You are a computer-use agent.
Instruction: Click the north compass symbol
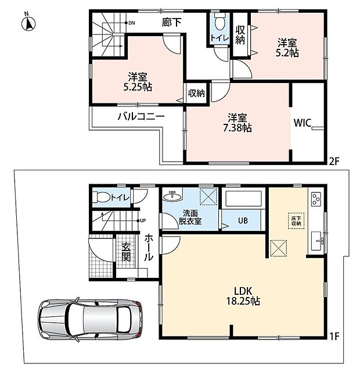[28, 23]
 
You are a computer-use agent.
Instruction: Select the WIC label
[303, 123]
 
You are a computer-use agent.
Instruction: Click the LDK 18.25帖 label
[243, 296]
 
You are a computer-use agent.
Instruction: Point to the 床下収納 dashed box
[296, 222]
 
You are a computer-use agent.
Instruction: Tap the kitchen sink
[317, 241]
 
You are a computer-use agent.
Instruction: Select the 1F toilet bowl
[102, 198]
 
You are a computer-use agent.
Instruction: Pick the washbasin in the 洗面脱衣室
[172, 197]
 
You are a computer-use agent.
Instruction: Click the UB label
[243, 220]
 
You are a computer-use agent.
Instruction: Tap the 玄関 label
[126, 252]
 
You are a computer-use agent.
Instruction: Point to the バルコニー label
[142, 117]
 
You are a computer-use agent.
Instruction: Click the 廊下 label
[171, 23]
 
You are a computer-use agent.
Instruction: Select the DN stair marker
[130, 23]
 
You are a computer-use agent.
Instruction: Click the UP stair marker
[142, 220]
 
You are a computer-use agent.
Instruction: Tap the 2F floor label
[334, 162]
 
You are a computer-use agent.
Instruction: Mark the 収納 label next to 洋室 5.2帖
[240, 35]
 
